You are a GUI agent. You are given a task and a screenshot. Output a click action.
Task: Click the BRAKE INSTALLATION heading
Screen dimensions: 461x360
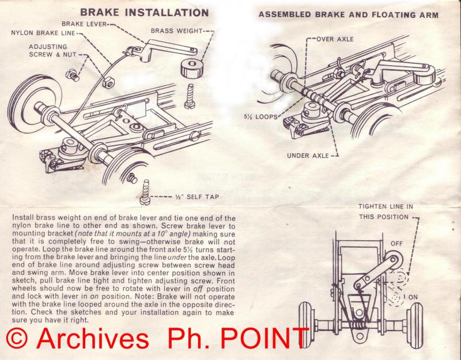click(145, 12)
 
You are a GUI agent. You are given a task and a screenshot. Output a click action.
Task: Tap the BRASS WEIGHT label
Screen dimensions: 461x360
click(177, 31)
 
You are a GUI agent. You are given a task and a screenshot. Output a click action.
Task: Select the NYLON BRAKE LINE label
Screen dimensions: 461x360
click(43, 33)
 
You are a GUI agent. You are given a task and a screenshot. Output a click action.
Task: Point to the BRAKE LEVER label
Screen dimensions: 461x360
click(84, 24)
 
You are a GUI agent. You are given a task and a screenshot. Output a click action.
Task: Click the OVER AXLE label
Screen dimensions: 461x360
click(335, 39)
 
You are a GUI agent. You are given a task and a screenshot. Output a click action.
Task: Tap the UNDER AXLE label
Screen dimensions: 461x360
click(308, 156)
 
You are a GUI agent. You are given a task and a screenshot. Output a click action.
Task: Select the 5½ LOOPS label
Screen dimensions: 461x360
click(261, 117)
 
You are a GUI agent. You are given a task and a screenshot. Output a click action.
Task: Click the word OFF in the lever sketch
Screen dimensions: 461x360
click(396, 244)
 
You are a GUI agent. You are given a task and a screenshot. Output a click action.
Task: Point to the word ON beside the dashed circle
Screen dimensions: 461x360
click(413, 297)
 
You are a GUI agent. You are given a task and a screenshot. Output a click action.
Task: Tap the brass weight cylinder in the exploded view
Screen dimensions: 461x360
click(191, 68)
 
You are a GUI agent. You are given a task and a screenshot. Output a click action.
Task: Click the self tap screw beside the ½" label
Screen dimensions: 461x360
click(145, 192)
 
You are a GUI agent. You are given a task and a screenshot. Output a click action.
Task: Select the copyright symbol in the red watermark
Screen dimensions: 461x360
click(17, 338)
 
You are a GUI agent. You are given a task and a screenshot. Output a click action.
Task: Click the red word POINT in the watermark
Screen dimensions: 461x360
click(264, 338)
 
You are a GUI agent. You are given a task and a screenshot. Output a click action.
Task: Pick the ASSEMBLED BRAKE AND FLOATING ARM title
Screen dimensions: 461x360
click(349, 14)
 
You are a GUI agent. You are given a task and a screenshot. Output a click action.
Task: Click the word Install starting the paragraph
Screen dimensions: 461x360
click(23, 218)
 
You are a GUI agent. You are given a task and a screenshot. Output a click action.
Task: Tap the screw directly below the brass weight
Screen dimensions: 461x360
click(190, 96)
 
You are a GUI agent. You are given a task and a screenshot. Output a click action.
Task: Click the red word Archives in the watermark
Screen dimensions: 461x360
click(92, 338)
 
